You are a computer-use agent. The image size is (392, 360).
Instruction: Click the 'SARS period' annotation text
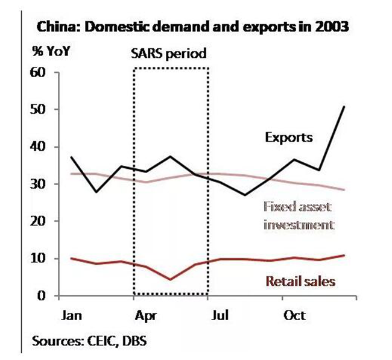coord(169,54)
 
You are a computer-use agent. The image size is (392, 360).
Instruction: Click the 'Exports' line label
coord(289,137)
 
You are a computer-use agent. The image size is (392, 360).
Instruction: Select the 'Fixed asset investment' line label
coord(298,216)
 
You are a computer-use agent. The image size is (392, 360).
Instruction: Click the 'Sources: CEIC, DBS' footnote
coord(90,341)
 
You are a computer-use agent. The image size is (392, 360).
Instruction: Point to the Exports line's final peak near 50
coord(344,107)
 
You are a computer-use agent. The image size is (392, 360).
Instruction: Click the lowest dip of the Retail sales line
coord(171,279)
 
